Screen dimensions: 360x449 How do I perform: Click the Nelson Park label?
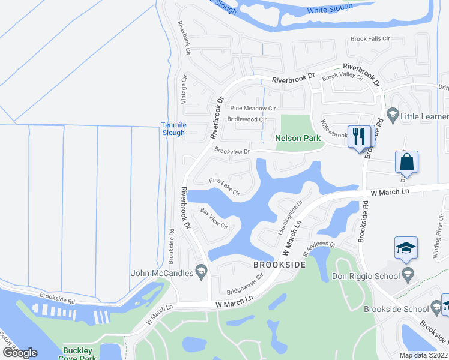tap(298, 138)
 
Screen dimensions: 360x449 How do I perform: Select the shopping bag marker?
tap(406, 162)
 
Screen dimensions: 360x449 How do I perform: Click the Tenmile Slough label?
tap(173, 128)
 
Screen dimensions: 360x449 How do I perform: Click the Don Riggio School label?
tap(366, 277)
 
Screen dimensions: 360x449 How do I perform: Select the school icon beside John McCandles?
tap(202, 274)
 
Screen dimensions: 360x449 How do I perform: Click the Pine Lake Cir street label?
tap(224, 187)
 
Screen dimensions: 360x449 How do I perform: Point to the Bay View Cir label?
tap(214, 218)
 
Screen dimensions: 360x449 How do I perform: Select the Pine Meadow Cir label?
tap(253, 109)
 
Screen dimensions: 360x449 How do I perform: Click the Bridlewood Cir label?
tap(246, 119)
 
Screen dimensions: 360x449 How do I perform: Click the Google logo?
tap(20, 353)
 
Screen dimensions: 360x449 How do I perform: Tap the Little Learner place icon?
tap(393, 114)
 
